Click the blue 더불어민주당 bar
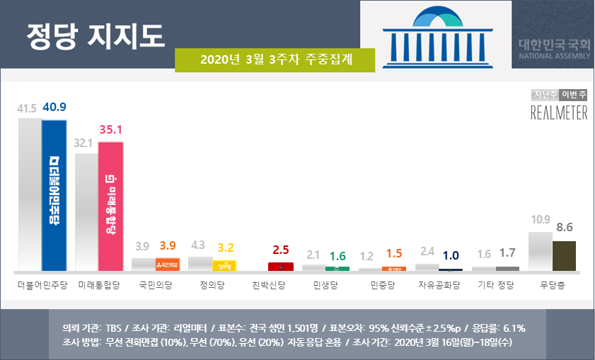[54, 195]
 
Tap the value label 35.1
[111, 131]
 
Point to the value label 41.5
[28, 108]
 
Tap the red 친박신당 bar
[281, 267]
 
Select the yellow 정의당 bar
[224, 266]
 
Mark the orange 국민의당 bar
[168, 265]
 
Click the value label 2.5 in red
[281, 250]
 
